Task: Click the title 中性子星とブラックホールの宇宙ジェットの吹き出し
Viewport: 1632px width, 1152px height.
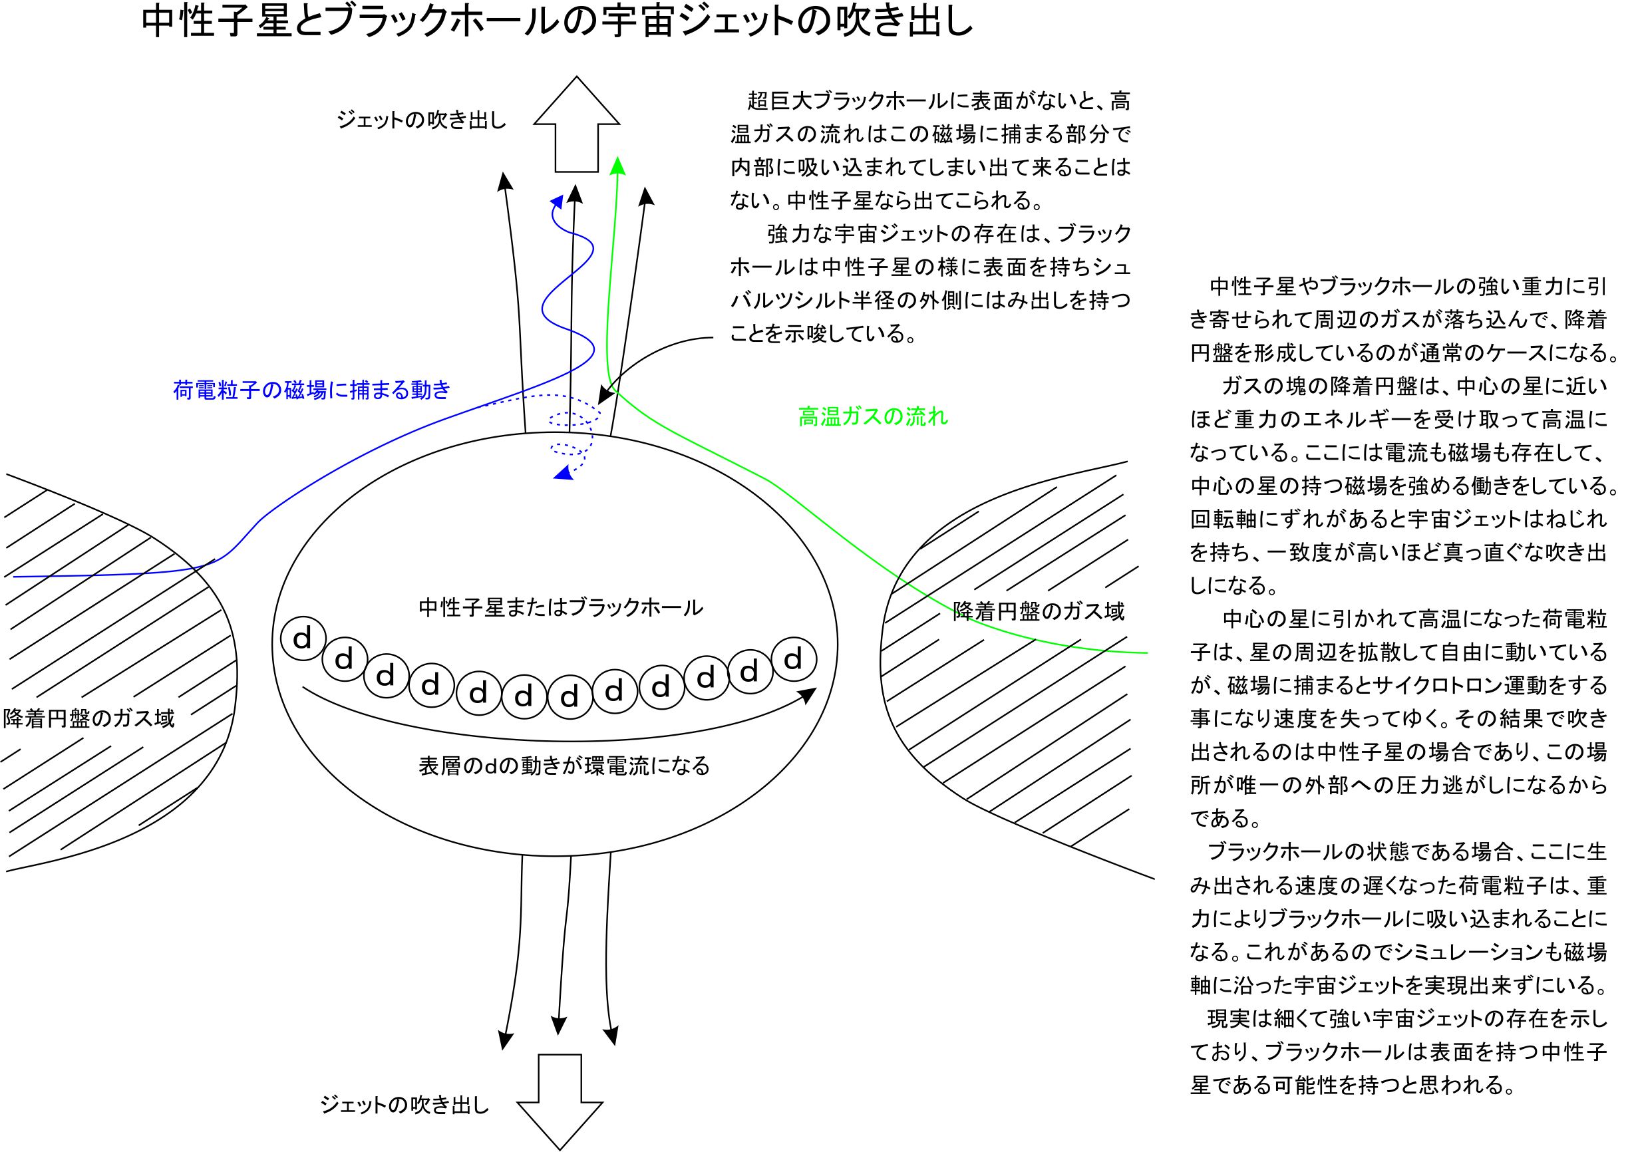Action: point(558,23)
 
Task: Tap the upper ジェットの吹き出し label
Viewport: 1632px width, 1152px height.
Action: point(422,121)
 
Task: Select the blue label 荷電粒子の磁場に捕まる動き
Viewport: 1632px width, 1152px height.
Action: point(312,390)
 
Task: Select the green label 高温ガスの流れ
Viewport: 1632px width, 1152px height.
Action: point(873,416)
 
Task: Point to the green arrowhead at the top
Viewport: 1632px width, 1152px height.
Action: point(617,165)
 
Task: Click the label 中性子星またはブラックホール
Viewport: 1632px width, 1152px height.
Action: point(561,608)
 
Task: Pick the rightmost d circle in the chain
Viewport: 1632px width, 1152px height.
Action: point(794,658)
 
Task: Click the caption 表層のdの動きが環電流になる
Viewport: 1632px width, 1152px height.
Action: point(564,766)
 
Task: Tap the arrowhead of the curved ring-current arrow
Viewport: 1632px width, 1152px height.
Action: point(808,694)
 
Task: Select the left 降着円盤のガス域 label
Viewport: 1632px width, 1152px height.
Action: point(89,718)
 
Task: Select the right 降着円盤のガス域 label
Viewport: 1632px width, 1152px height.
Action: point(1039,611)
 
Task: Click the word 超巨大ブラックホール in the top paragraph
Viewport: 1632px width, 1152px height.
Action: point(846,101)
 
